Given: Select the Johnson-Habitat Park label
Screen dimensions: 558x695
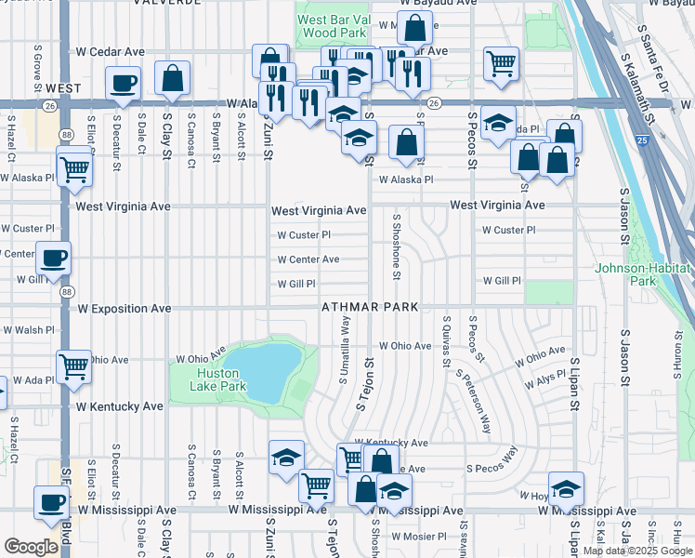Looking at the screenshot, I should click(x=644, y=274).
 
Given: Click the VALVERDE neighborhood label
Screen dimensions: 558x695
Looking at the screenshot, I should click(x=167, y=4).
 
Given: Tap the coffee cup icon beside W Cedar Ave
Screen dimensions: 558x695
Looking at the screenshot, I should click(x=123, y=84).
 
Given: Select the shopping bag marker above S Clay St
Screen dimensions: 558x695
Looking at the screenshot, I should click(x=172, y=80).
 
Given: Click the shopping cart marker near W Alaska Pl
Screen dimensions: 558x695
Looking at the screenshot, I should click(x=74, y=167).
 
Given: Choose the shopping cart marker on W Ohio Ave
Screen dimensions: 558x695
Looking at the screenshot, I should click(x=74, y=365).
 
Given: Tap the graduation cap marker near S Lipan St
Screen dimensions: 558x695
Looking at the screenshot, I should click(x=566, y=488).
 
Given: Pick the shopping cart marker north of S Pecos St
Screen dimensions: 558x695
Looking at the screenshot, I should click(x=501, y=64).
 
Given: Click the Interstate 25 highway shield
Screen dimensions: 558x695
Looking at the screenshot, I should click(x=643, y=141).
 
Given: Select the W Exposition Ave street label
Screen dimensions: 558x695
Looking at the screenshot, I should click(x=125, y=308).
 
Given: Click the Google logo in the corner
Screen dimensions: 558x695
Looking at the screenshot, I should click(x=32, y=547).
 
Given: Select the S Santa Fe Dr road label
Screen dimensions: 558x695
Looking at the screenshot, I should click(x=651, y=56).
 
